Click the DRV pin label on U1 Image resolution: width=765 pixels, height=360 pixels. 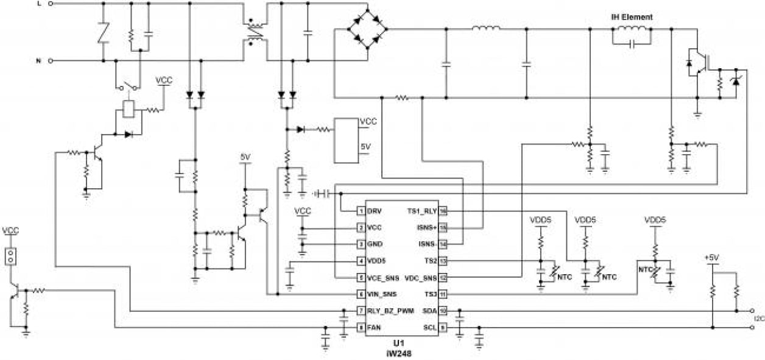coord(375,211)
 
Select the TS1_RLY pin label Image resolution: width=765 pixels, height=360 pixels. coord(421,211)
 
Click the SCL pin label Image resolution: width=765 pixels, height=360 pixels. coord(429,328)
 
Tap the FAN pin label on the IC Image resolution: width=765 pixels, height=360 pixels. coord(375,328)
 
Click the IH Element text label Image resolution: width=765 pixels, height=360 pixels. coord(632,18)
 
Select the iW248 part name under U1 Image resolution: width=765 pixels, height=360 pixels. coord(398,352)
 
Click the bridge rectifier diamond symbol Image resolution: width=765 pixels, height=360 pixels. coord(368,28)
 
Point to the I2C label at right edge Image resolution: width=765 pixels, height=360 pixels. coord(758,319)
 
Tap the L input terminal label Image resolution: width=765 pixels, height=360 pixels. coord(40,4)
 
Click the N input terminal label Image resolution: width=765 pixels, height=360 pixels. coord(40,61)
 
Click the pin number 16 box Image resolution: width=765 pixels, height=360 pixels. coord(443,211)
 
